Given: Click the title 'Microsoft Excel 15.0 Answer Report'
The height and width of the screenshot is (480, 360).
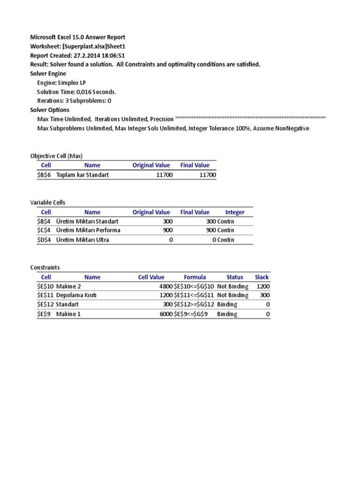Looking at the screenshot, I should pos(78,37).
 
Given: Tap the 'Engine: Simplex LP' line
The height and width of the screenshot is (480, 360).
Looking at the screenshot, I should pos(61,82).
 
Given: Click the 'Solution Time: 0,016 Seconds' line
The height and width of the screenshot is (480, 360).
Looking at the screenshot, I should pos(76,91).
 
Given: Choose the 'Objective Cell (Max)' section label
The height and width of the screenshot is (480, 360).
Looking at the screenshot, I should pos(56,156).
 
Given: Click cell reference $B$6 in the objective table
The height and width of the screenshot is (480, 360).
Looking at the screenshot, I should pos(46,175).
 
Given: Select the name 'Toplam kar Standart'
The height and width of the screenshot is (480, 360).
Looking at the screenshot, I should pos(83,175).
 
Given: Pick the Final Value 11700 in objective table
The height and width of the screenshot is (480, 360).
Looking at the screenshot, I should pos(208,175).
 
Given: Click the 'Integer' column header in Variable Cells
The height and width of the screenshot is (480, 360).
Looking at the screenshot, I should pos(235,212).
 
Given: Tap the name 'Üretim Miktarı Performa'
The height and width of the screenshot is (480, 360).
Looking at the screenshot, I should pos(88,230).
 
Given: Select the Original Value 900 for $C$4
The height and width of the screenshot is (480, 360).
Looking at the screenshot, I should pos(168,230).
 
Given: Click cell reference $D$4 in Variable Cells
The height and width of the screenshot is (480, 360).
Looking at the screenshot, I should pos(46,240).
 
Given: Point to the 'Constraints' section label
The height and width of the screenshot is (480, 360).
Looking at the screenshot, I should pos(45,267).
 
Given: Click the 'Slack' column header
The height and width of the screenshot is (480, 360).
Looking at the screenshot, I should pos(262,277).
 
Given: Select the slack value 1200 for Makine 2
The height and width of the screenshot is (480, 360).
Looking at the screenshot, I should pos(263,286).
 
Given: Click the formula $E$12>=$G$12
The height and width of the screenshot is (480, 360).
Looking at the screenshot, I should pos(194,304).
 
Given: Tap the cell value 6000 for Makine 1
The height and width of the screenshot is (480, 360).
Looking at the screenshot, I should pos(166,314).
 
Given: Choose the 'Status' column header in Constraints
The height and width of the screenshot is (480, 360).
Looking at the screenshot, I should pos(235,277).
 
